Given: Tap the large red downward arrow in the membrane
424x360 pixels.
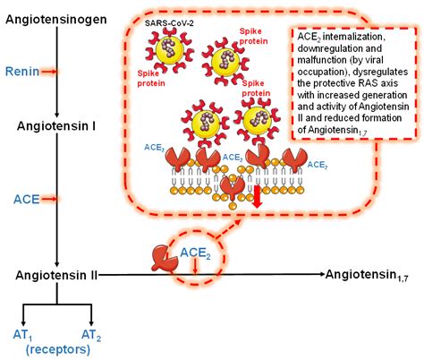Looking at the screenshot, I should pos(256,196).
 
